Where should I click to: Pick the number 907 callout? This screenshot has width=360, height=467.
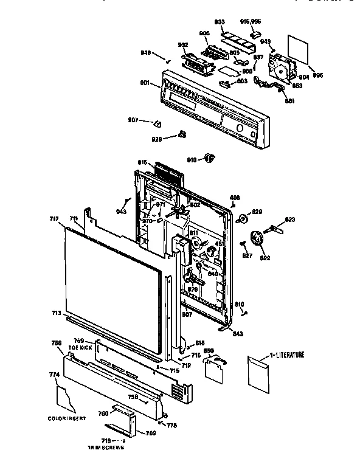coord(134,119)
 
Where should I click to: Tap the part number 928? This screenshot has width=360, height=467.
coord(157,139)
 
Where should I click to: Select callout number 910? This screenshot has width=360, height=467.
coord(192,159)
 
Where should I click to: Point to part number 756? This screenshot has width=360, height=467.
coord(56,344)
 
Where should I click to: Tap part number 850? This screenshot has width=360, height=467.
coord(209,351)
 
